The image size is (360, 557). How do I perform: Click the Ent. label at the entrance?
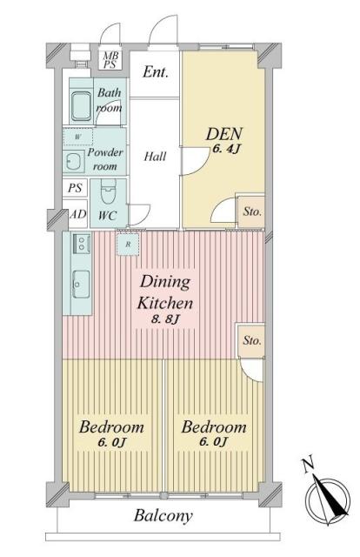tap(155, 72)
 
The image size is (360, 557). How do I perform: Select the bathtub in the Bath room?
tap(82, 106)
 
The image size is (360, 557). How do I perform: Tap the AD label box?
tap(76, 213)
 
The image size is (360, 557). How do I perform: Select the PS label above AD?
tap(75, 188)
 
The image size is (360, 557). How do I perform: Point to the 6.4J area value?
tap(224, 152)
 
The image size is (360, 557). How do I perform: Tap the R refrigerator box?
tap(127, 245)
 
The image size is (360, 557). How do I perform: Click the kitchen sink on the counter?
tap(80, 281)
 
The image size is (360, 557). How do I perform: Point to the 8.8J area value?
tap(165, 324)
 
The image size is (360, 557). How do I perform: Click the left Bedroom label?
tap(112, 428)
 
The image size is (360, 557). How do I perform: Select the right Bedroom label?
tap(215, 428)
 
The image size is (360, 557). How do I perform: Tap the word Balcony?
tap(163, 515)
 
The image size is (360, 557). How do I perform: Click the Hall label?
tap(155, 158)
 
